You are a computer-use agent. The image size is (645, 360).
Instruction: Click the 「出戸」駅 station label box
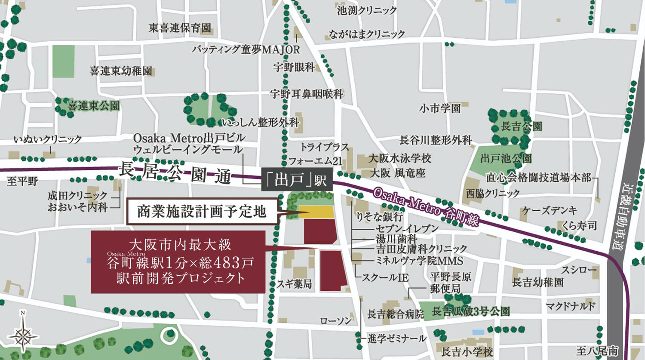point(297,180)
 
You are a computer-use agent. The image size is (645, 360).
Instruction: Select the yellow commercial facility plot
point(316,212)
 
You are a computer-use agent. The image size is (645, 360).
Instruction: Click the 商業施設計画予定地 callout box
point(202,212)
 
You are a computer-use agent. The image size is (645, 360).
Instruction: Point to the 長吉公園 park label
point(522,126)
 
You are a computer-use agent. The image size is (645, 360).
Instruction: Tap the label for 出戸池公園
point(506,159)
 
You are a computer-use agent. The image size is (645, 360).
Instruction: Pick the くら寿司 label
point(579,225)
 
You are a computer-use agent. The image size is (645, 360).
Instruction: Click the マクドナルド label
point(570,306)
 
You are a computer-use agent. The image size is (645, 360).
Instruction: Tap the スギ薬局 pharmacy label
point(294,284)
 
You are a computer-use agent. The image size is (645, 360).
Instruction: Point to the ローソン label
point(335,321)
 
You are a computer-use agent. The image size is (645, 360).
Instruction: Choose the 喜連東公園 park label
point(93,106)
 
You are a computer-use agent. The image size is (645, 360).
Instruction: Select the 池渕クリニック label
point(367,11)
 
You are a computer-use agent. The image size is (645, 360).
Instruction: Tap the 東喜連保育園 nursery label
point(180,28)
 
